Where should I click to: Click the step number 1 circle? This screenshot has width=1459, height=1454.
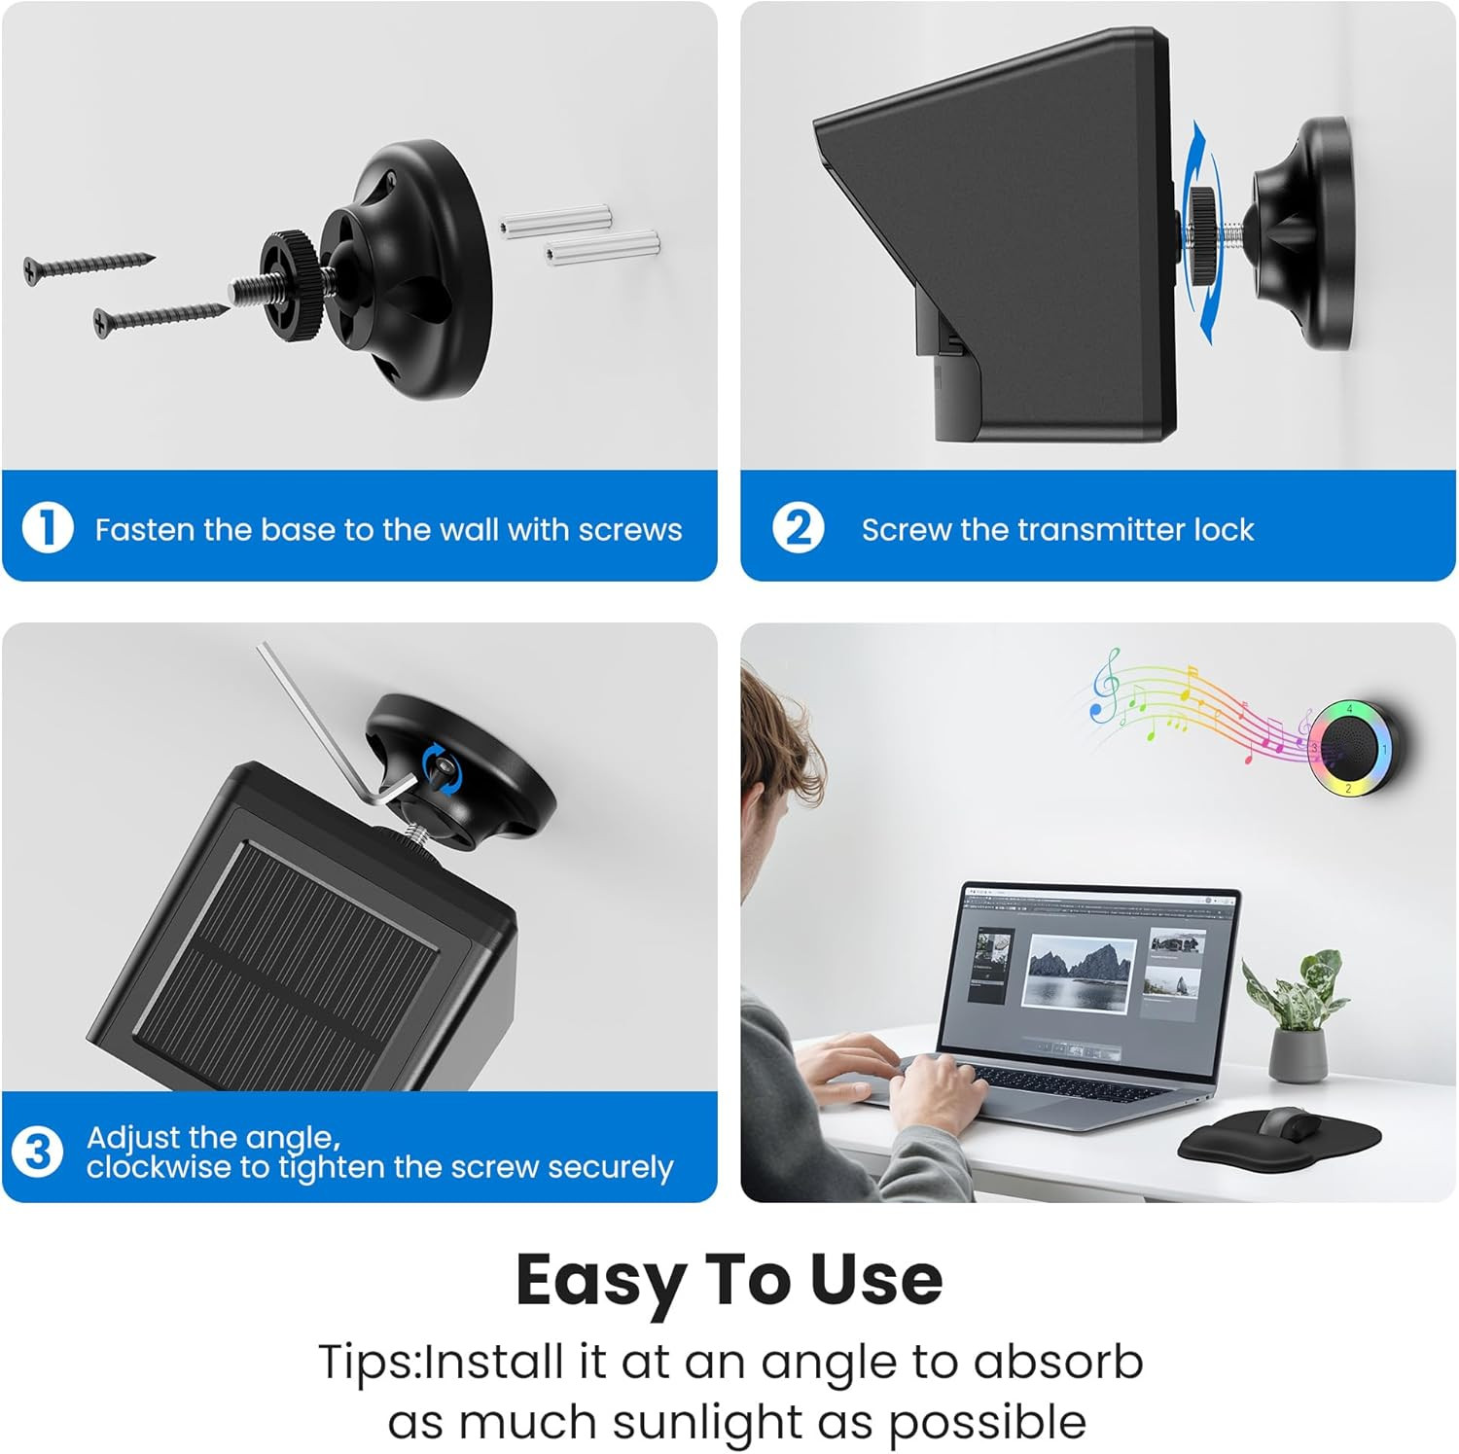(x=48, y=528)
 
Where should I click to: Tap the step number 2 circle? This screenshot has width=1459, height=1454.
(x=798, y=528)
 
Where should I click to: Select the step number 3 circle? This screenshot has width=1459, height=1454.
(x=37, y=1152)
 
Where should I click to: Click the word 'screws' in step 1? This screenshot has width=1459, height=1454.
(x=630, y=530)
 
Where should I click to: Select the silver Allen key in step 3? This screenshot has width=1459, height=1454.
(x=332, y=730)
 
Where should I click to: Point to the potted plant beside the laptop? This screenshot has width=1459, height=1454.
(x=1297, y=1016)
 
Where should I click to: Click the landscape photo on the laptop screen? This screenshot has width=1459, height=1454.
(x=1080, y=972)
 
